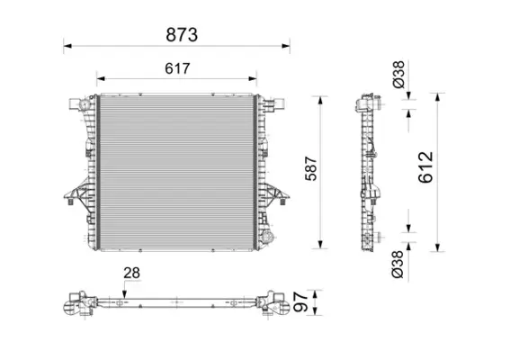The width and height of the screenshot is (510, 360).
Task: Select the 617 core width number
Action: [175, 68]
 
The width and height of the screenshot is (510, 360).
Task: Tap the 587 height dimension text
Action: [310, 172]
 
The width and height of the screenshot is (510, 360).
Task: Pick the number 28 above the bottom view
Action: [132, 273]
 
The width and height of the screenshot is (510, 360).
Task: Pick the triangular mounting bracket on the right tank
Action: [276, 193]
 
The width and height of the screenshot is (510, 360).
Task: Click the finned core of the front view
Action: [175, 171]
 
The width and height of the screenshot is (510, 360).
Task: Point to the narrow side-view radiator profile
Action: [369, 171]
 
